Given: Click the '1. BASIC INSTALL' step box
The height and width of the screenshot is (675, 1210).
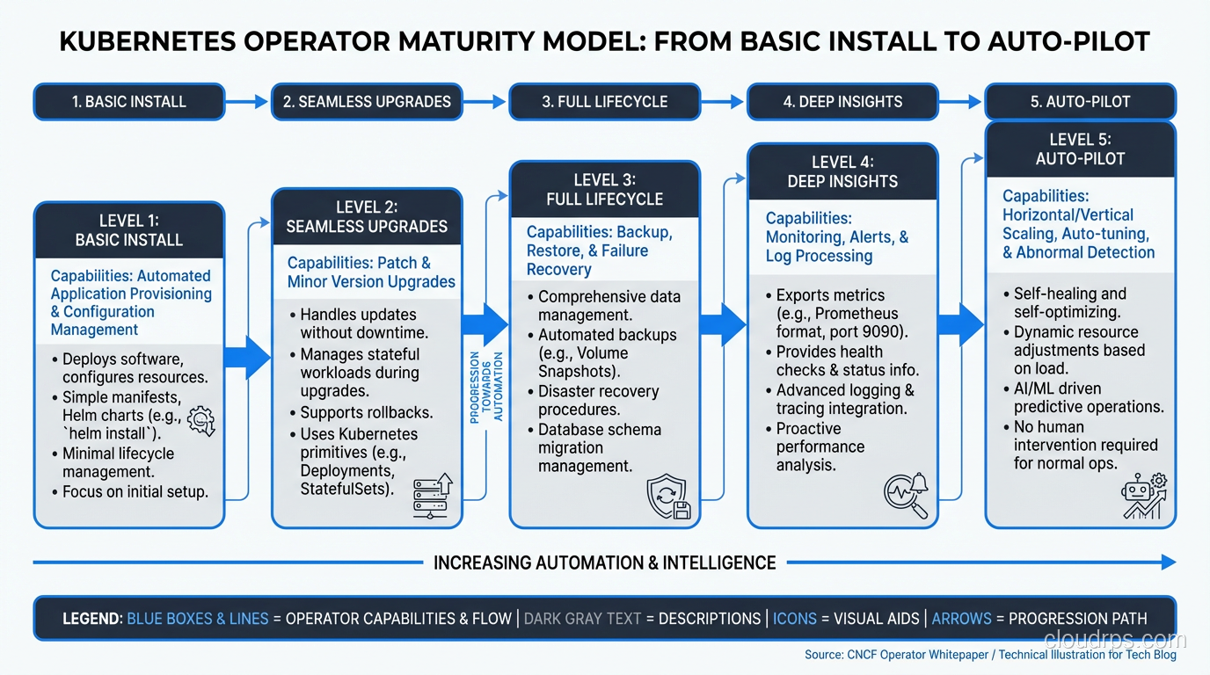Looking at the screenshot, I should pyautogui.click(x=128, y=101).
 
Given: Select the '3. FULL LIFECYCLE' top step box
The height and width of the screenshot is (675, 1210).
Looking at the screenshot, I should pyautogui.click(x=604, y=101).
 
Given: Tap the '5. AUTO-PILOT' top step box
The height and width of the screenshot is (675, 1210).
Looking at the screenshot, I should pyautogui.click(x=1080, y=101).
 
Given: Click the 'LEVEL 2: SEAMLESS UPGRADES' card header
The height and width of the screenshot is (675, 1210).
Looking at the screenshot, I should pyautogui.click(x=367, y=217).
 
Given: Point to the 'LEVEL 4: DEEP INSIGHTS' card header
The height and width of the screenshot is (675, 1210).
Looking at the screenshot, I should pyautogui.click(x=842, y=172).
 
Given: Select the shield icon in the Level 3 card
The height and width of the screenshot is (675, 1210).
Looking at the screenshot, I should pyautogui.click(x=669, y=497).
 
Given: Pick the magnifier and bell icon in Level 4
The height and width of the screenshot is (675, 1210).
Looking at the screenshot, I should pyautogui.click(x=906, y=494).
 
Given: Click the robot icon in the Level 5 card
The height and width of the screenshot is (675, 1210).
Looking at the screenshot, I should pyautogui.click(x=1144, y=497).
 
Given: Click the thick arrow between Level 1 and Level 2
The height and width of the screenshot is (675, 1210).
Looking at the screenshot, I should pyautogui.click(x=247, y=357).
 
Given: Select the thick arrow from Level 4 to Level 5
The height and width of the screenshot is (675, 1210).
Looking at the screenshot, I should pyautogui.click(x=960, y=324).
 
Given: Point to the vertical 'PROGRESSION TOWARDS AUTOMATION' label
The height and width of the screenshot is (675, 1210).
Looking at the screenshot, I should pyautogui.click(x=486, y=387).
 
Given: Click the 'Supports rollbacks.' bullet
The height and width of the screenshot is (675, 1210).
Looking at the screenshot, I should pyautogui.click(x=366, y=412).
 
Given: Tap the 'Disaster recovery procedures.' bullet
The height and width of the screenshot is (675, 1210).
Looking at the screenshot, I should pyautogui.click(x=598, y=401).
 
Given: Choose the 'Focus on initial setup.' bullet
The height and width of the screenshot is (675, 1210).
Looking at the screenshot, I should pyautogui.click(x=135, y=491).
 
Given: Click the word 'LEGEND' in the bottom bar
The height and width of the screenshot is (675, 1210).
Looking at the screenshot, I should pyautogui.click(x=91, y=618).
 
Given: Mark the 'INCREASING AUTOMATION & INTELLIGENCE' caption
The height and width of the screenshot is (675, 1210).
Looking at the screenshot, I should pyautogui.click(x=605, y=562).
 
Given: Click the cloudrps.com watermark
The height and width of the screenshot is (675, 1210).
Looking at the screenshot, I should pyautogui.click(x=1114, y=639).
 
